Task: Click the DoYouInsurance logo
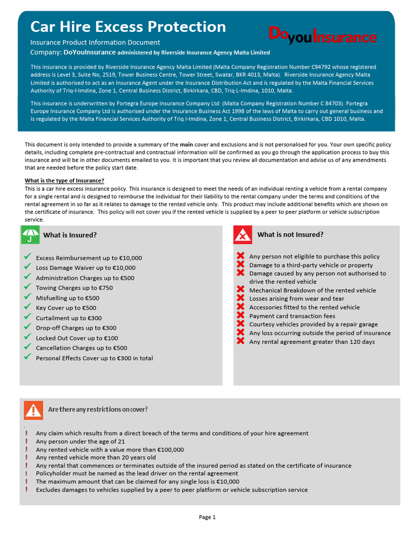point(322,36)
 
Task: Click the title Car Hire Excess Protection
point(128,26)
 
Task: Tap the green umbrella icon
point(30,235)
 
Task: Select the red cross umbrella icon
point(243,235)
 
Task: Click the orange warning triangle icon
point(34,410)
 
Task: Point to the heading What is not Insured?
point(290,234)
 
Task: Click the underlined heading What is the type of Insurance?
point(64,180)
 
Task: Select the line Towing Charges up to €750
point(74,288)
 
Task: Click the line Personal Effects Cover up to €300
point(94,358)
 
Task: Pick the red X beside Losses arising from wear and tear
point(240,298)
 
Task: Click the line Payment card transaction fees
point(292,316)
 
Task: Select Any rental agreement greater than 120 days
point(312,342)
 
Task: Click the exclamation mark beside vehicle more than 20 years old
point(26,457)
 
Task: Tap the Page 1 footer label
point(207,517)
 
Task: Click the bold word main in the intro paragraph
point(186,145)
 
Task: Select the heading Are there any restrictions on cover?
point(98,409)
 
